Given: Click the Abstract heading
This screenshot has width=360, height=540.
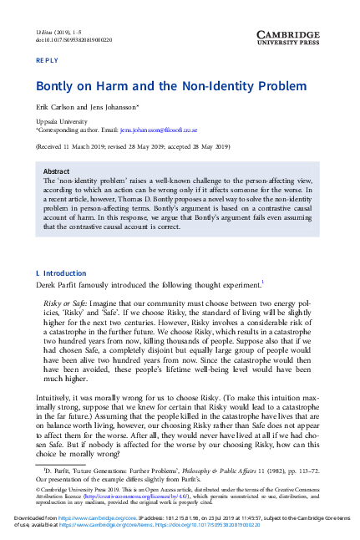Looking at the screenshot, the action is (x=56, y=171).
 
